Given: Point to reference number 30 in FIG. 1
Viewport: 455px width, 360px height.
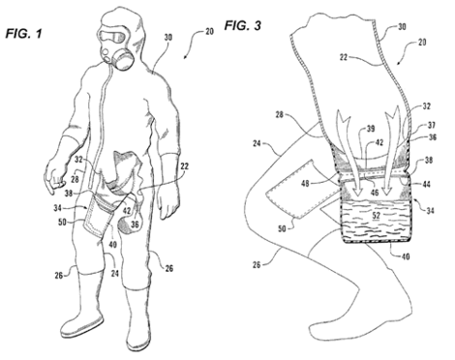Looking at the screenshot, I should point(168,42).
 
